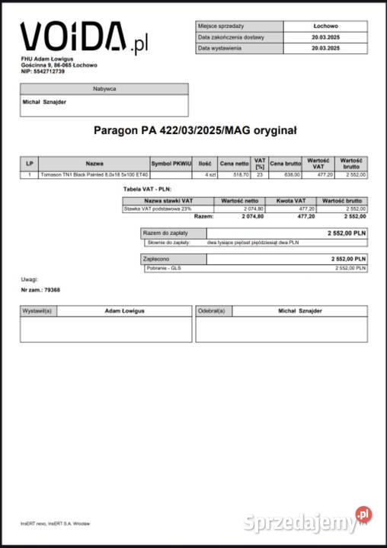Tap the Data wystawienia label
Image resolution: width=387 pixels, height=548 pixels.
[220, 48]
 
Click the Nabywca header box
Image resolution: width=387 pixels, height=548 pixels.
[104, 89]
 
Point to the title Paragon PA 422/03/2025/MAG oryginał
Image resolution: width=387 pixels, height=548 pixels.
[195, 130]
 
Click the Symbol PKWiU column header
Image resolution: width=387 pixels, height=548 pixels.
[171, 163]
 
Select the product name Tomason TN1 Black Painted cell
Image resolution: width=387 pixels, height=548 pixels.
[94, 175]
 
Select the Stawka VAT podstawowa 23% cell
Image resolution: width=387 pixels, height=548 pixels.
[158, 208]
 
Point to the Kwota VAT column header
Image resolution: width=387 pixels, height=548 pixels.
[290, 200]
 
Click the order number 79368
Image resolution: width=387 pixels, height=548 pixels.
[52, 290]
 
